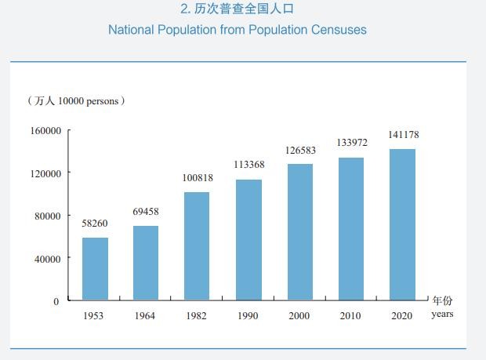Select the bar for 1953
[x=95, y=268]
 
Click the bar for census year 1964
[x=145, y=263]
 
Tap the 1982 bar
[x=197, y=245]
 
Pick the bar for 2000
[x=300, y=231]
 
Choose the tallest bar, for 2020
[x=403, y=224]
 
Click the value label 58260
[x=95, y=224]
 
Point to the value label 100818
[x=198, y=178]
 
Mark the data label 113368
[x=249, y=165]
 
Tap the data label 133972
[x=352, y=143]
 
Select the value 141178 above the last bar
[x=404, y=135]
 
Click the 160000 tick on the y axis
[x=45, y=131]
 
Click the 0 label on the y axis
[x=56, y=301]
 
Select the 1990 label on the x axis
[x=248, y=316]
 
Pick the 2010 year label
[x=350, y=316]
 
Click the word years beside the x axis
[x=442, y=315]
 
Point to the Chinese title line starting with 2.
[x=237, y=9]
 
